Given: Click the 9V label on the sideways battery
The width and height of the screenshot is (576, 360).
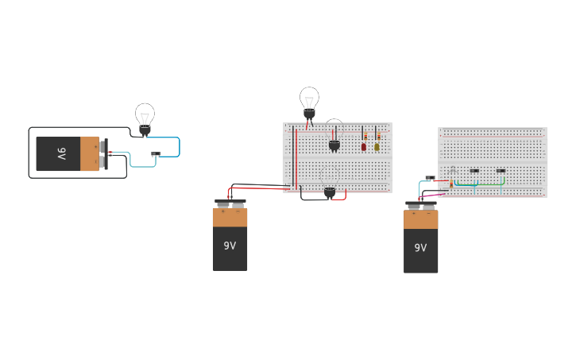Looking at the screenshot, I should pyautogui.click(x=61, y=153).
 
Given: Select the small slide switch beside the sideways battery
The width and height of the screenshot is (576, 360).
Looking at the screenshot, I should pyautogui.click(x=156, y=154).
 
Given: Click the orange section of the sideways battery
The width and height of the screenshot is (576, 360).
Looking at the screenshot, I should pyautogui.click(x=90, y=153).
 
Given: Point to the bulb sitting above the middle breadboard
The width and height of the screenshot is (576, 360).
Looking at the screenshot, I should pyautogui.click(x=309, y=101).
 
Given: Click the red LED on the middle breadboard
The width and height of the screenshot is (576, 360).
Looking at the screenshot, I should pyautogui.click(x=364, y=146).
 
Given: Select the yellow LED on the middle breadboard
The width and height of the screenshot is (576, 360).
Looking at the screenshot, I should pyautogui.click(x=377, y=146).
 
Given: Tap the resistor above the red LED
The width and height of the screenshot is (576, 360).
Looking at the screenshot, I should pyautogui.click(x=365, y=136).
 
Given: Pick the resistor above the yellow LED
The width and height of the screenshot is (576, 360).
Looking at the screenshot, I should pyautogui.click(x=378, y=136).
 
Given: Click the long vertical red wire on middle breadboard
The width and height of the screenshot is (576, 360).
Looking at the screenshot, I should pyautogui.click(x=296, y=158).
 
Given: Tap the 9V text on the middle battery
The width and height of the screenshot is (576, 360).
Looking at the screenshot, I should pyautogui.click(x=230, y=246).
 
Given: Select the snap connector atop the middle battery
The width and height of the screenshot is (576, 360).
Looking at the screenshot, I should pyautogui.click(x=230, y=204).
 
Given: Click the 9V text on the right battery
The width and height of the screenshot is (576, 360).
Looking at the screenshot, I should pyautogui.click(x=421, y=247).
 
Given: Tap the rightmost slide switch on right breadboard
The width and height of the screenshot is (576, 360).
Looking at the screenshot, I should pyautogui.click(x=501, y=170).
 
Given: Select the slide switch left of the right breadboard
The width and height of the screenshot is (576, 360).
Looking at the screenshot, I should pyautogui.click(x=430, y=177).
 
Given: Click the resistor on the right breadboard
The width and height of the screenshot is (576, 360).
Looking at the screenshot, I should pyautogui.click(x=451, y=184).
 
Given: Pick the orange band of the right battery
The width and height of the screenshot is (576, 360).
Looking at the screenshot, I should pyautogui.click(x=421, y=219).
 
